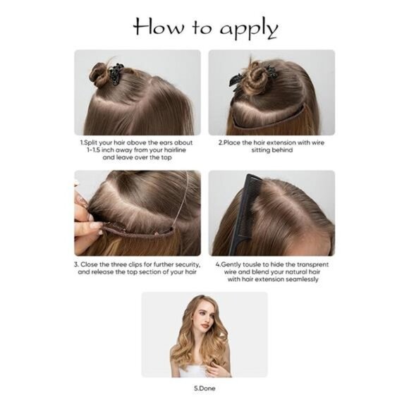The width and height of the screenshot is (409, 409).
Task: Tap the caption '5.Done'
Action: [204, 388]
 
